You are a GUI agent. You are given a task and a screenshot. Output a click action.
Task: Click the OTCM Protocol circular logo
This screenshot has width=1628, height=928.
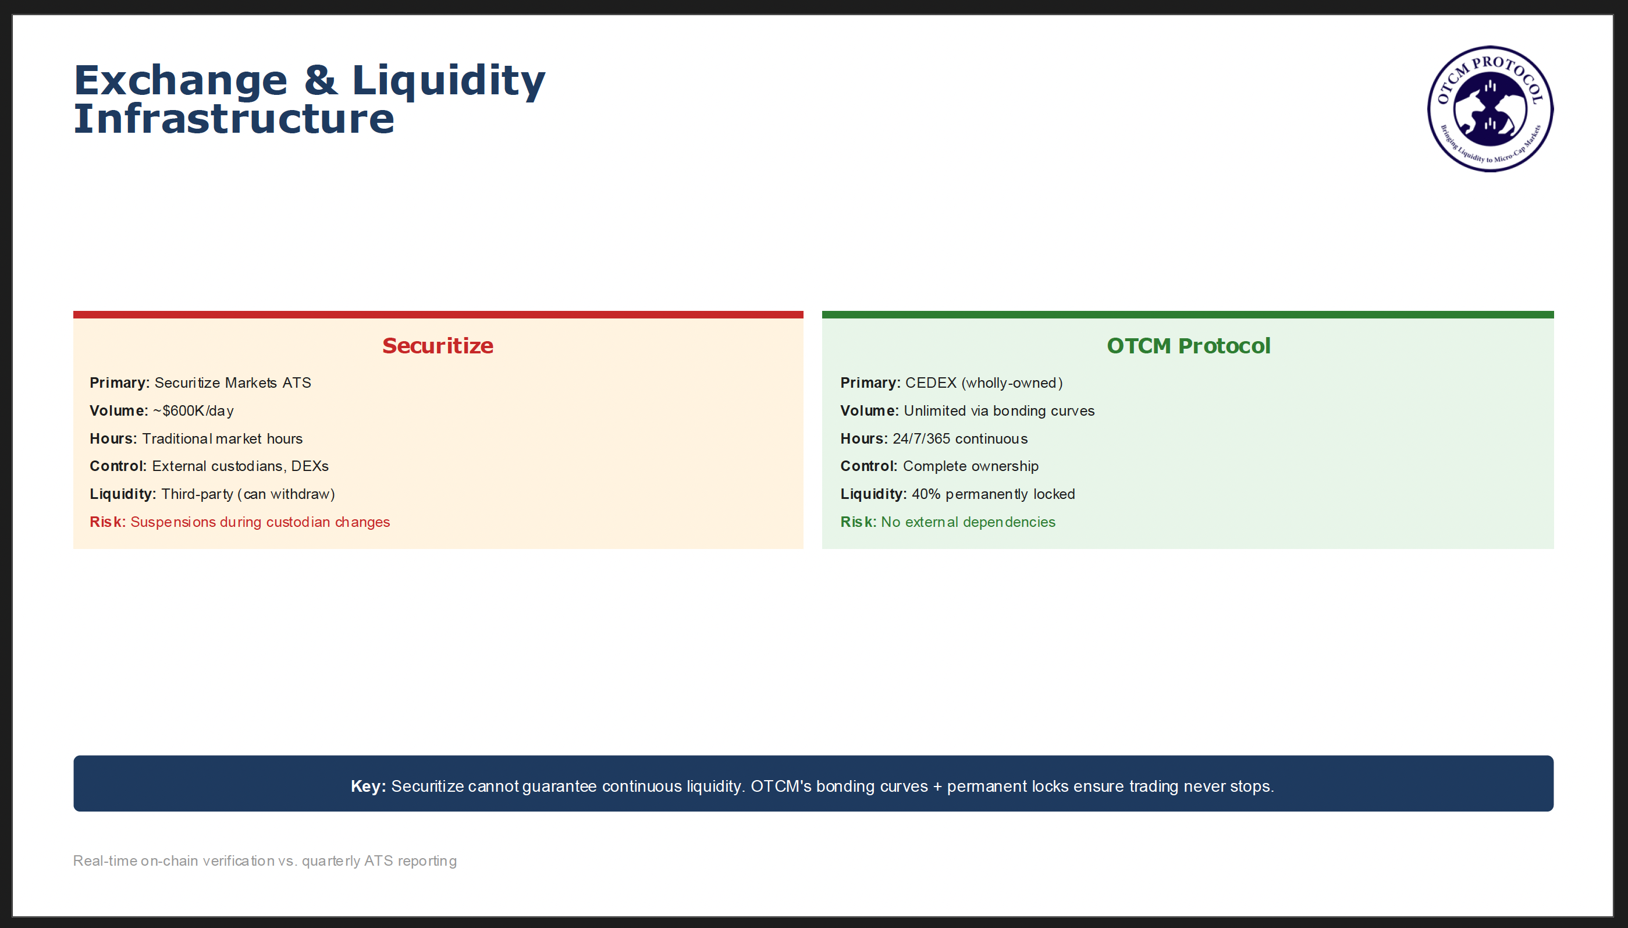[x=1490, y=109]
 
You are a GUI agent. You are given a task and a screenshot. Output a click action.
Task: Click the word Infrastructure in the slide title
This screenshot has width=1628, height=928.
[x=234, y=119]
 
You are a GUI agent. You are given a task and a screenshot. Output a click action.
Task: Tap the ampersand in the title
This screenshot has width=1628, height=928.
[x=321, y=80]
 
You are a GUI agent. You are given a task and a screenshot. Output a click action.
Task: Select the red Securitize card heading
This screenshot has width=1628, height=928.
[x=438, y=345]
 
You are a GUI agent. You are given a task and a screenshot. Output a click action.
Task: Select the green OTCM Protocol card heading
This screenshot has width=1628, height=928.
[x=1189, y=345]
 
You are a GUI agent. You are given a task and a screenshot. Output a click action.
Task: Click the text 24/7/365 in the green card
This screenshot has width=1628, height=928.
[x=921, y=438]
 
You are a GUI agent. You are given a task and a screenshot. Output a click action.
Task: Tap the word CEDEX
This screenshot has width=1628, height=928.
[x=930, y=382]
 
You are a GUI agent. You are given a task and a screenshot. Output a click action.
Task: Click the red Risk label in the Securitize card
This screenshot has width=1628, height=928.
[x=108, y=522]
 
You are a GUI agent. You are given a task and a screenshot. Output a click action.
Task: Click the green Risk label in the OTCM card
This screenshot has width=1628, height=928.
[x=859, y=522]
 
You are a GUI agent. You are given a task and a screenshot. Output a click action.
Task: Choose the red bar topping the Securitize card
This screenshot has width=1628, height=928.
[x=438, y=315]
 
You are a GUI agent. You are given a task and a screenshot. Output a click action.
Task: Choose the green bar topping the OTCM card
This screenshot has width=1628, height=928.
[x=1188, y=315]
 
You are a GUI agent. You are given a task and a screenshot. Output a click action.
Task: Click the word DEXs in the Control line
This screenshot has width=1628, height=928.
[x=310, y=466]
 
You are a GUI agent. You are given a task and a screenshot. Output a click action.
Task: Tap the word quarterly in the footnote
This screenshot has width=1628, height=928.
[x=331, y=861]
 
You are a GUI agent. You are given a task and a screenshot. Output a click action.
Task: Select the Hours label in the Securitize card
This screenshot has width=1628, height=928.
[x=113, y=438]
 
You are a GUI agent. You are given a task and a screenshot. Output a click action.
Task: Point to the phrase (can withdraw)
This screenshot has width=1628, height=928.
[x=286, y=494]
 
